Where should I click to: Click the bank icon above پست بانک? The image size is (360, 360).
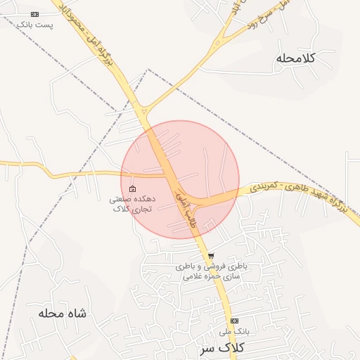pos(35,14)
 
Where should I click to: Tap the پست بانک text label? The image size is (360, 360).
pos(35,25)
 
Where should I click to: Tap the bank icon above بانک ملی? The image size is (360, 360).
pos(234,321)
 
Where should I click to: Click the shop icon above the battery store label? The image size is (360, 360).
pos(211,256)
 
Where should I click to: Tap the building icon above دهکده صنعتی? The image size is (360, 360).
pos(132,188)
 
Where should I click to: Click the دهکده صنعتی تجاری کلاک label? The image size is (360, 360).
pos(132,205)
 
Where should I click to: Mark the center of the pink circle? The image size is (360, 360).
pos(180,179)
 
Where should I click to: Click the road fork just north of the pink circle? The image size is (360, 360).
pos(143,110)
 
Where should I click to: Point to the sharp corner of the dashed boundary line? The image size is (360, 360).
pos(148,70)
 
